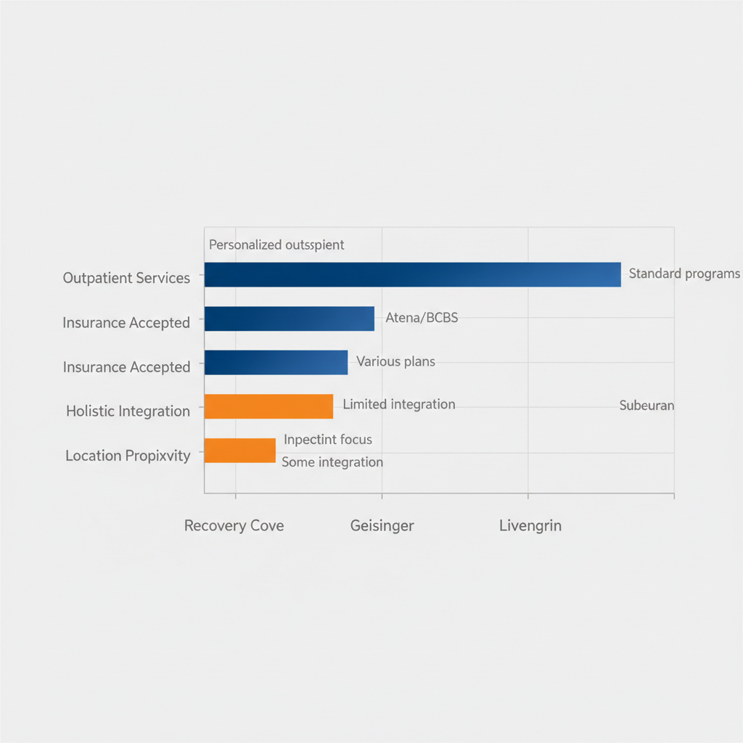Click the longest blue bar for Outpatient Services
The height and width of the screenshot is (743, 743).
click(x=412, y=275)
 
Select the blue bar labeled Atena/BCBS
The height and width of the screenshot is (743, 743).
click(x=289, y=319)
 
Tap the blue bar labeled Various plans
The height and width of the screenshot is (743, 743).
click(x=276, y=362)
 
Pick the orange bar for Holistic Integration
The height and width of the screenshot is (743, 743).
click(x=268, y=406)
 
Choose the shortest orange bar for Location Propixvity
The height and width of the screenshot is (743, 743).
click(x=239, y=451)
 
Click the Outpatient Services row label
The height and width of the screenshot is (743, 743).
click(x=126, y=278)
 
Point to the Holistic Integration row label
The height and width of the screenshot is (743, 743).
click(x=128, y=411)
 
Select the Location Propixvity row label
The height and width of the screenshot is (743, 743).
click(x=128, y=456)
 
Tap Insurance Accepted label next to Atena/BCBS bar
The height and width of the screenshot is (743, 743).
click(x=126, y=323)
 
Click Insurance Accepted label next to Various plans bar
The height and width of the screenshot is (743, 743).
click(x=126, y=367)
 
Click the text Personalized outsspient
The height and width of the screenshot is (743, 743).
click(x=276, y=245)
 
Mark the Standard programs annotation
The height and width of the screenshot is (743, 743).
click(x=684, y=274)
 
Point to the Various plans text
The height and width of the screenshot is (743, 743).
click(x=395, y=361)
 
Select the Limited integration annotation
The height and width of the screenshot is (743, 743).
click(x=398, y=404)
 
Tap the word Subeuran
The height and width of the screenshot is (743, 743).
click(x=646, y=406)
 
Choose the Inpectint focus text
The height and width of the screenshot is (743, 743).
click(x=327, y=440)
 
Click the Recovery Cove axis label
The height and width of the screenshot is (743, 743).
click(x=234, y=525)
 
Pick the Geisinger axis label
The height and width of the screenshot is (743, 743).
click(x=382, y=525)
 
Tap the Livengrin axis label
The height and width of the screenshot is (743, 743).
click(x=530, y=525)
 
